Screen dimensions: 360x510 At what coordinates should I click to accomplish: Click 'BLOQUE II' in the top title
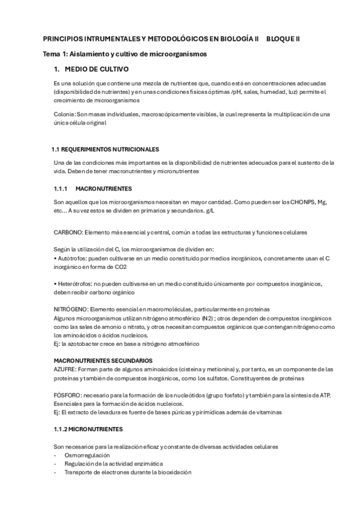283,38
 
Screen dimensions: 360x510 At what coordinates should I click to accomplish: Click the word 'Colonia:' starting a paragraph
64,114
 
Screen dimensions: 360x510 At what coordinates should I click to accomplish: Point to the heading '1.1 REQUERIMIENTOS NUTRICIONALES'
105,149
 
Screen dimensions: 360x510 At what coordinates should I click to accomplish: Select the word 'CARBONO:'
68,232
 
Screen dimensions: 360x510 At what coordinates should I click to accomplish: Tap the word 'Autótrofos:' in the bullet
72,258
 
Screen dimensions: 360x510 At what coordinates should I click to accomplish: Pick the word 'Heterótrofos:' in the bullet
75,284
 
